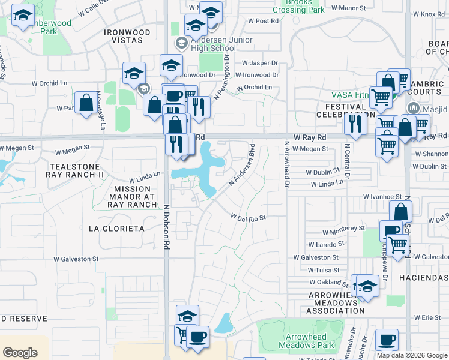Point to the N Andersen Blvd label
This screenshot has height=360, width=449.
(x=241, y=167)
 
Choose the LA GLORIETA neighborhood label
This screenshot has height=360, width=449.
(x=116, y=229)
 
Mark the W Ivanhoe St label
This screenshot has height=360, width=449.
(x=382, y=196)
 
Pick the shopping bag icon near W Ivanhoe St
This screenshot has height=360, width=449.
(x=400, y=212)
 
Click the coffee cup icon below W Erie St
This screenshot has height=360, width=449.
(x=387, y=340)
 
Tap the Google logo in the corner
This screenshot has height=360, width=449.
(x=20, y=353)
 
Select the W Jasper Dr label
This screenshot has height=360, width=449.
(x=260, y=63)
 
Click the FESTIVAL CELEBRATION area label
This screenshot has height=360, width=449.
(x=342, y=110)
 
